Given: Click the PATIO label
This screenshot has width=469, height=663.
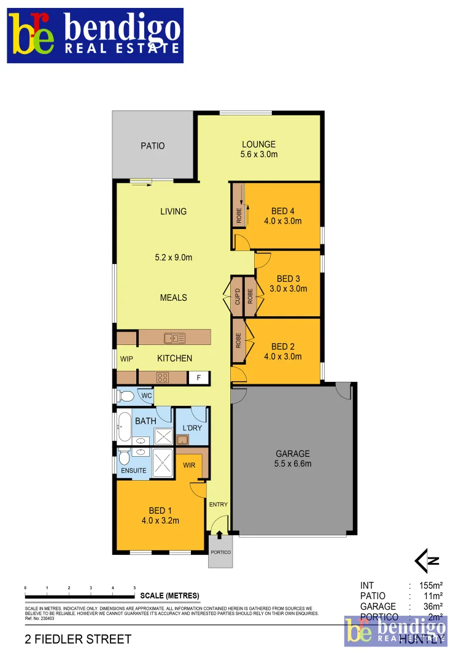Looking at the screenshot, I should pos(153,146).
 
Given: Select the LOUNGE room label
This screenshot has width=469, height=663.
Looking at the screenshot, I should pos(258,145).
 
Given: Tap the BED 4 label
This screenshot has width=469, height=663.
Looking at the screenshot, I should pos(282,212).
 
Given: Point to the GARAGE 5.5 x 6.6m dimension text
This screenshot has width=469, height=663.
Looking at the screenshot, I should pos(293,463).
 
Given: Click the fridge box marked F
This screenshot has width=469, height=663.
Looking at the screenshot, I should pos(198,378).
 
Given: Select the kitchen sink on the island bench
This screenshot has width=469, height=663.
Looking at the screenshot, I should pos(174,338).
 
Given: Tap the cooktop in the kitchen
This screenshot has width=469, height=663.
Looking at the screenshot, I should pos(163,378).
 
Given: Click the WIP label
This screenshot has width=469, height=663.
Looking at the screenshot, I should pos(126,359).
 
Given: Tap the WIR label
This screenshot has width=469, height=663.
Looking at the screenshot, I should pos(189,465).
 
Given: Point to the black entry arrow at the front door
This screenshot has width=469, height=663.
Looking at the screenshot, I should pos(220,535).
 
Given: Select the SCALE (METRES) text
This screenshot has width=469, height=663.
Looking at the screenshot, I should pos(170,595).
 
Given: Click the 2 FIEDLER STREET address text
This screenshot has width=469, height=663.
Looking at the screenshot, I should pos(78,640).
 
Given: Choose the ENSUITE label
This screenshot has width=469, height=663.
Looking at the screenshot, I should pos(133,471).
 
